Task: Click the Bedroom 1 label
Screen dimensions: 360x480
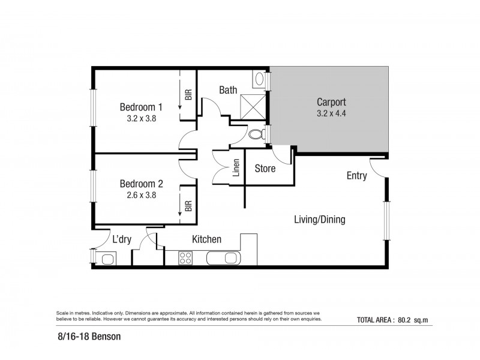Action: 141,107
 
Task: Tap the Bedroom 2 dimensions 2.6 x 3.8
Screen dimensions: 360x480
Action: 141,194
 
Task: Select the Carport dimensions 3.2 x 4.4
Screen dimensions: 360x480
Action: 331,113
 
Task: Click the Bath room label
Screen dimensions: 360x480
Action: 227,90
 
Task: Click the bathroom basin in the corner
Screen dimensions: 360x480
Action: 260,79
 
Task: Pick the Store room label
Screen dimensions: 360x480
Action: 265,169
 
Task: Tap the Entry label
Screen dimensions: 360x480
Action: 356,176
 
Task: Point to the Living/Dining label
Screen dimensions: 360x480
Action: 319,220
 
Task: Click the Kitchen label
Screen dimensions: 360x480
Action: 206,239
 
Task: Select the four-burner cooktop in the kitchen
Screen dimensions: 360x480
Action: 185,259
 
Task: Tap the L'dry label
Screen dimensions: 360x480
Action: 122,239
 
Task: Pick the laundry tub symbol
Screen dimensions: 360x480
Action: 109,259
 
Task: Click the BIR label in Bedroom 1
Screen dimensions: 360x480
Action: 188,94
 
